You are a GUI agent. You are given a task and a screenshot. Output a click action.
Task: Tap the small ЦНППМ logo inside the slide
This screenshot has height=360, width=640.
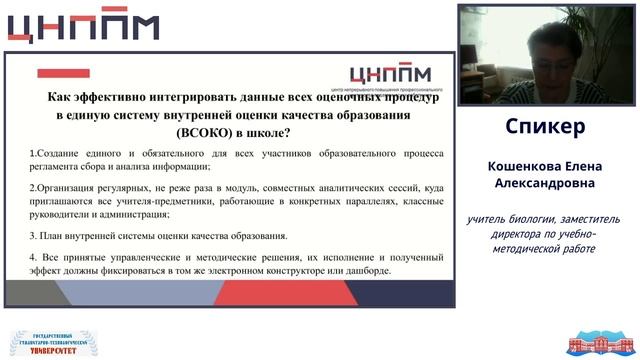tap(393, 77)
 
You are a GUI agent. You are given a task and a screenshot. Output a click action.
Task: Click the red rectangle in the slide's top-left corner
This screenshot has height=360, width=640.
tap(63, 73)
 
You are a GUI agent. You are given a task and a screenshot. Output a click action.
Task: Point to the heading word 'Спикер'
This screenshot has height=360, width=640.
tap(545, 127)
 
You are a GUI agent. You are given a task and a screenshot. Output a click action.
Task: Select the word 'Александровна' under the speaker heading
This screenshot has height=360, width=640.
tap(545, 184)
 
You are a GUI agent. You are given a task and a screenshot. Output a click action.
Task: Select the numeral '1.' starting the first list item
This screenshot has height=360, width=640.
tap(33, 152)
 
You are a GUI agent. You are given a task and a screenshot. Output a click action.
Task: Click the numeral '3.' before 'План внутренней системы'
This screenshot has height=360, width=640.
tap(33, 236)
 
